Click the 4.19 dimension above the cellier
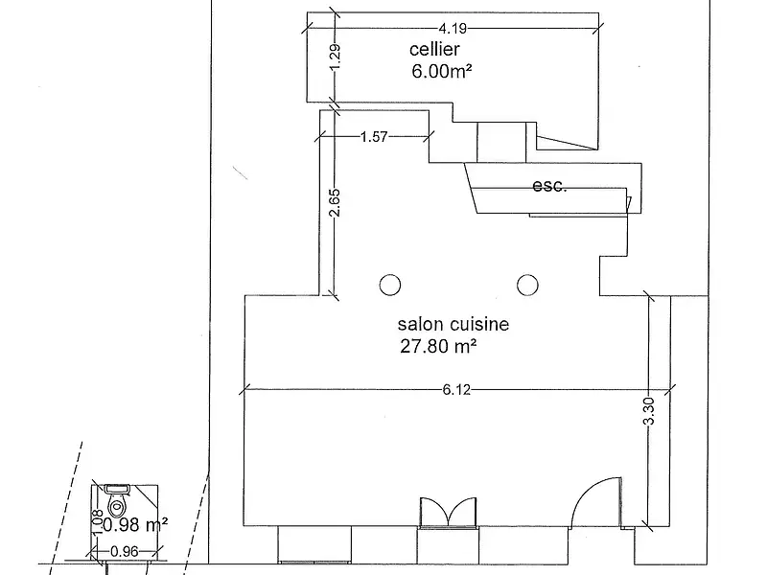pyautogui.click(x=452, y=29)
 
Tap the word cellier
pyautogui.click(x=434, y=50)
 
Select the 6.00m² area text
pyautogui.click(x=442, y=71)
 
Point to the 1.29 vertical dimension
pyautogui.click(x=335, y=57)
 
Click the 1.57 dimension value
pyautogui.click(x=374, y=137)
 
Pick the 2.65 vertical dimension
pyautogui.click(x=335, y=202)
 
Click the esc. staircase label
pyautogui.click(x=549, y=186)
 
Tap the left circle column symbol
pyautogui.click(x=390, y=285)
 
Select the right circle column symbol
pyautogui.click(x=527, y=285)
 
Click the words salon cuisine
pyautogui.click(x=453, y=324)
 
